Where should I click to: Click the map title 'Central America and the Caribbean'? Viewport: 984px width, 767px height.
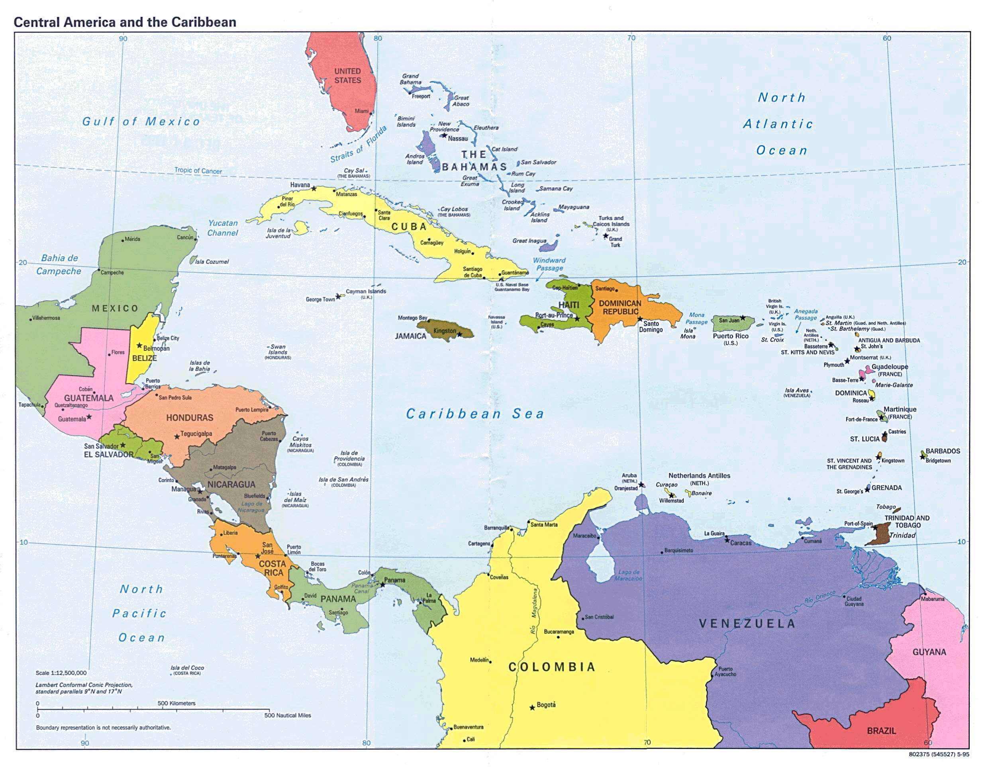[125, 22]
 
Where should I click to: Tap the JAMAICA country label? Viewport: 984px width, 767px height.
[410, 336]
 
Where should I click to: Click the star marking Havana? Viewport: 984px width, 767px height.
[314, 188]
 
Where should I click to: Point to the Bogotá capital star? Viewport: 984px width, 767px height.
[532, 708]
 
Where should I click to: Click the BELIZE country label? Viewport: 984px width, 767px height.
[144, 358]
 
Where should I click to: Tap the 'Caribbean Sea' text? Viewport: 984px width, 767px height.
[475, 414]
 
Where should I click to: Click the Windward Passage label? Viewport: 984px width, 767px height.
[549, 264]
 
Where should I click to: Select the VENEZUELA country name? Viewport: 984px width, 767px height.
[747, 624]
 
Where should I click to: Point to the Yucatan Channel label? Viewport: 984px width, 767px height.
[223, 228]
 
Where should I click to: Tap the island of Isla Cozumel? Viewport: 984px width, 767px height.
[193, 260]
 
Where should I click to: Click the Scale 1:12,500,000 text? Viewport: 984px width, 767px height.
[61, 673]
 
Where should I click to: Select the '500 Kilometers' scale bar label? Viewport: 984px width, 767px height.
[176, 703]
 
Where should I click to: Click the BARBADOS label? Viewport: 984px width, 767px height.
[943, 451]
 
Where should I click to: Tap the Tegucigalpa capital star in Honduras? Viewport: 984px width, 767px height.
[177, 437]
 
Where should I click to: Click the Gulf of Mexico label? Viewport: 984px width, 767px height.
[141, 121]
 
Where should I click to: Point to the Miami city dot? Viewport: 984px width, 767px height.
[371, 114]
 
